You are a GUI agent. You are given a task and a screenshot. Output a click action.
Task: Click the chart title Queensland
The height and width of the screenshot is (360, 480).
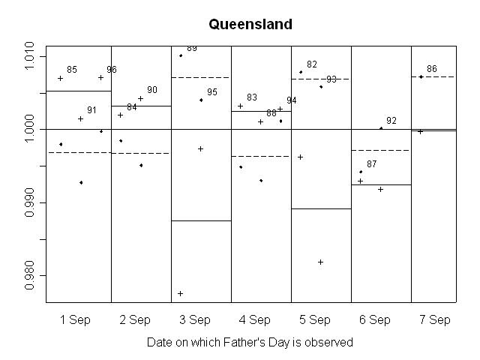tap(250, 24)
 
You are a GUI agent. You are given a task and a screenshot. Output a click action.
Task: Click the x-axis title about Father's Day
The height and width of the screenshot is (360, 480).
tap(250, 342)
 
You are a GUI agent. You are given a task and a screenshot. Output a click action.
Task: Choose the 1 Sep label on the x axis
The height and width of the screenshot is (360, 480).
tap(75, 319)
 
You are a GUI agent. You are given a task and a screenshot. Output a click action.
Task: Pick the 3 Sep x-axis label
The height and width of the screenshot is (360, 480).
tap(195, 319)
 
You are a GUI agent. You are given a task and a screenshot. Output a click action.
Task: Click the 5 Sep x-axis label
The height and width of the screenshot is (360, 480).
tap(315, 319)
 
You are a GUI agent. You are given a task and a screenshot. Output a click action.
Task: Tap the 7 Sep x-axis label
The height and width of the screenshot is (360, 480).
tap(435, 319)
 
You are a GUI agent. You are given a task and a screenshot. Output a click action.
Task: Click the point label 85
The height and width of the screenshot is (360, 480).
tap(72, 70)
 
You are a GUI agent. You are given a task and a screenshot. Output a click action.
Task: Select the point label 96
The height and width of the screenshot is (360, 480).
tap(112, 70)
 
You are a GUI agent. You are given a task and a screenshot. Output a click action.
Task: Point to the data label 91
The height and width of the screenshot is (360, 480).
tap(91, 110)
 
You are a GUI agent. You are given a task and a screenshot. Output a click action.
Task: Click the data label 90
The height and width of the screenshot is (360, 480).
tap(152, 90)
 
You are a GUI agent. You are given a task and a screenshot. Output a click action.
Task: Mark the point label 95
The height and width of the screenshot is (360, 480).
tap(212, 92)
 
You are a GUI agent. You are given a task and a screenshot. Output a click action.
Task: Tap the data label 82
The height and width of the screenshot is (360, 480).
tap(312, 64)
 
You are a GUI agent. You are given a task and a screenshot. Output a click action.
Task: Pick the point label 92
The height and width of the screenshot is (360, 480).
tap(391, 121)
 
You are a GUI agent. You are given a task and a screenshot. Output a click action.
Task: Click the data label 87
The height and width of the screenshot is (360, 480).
tap(372, 163)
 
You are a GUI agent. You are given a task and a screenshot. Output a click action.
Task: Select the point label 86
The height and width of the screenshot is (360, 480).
tap(432, 69)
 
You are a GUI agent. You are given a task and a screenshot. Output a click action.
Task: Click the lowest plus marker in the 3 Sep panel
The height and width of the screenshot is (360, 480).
tap(181, 293)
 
